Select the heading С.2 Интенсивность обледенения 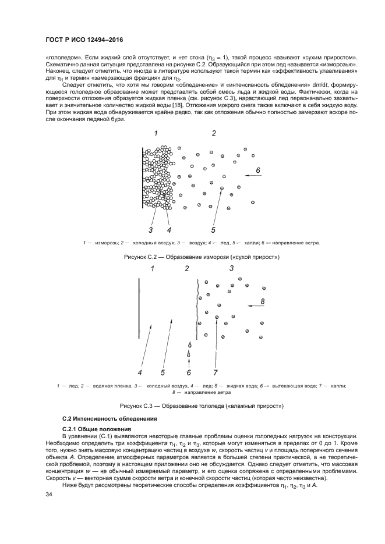click(x=103, y=419)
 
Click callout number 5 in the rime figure click(x=213, y=229)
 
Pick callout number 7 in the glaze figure click(x=215, y=372)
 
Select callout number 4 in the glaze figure click(x=140, y=372)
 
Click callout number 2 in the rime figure click(x=214, y=134)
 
